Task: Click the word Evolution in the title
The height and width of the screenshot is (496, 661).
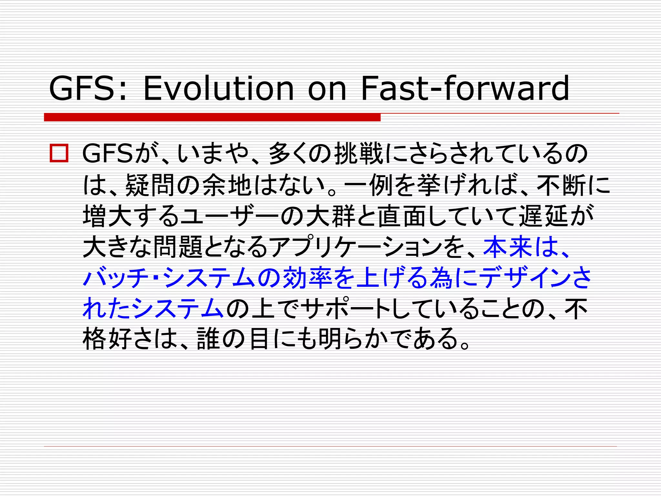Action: click(218, 88)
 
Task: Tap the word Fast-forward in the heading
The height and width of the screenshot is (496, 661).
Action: click(465, 88)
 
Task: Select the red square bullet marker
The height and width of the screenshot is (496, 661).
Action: click(59, 153)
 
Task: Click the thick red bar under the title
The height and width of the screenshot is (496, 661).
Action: click(212, 117)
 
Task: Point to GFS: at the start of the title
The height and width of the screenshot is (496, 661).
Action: click(87, 88)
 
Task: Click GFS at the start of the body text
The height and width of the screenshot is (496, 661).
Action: click(107, 153)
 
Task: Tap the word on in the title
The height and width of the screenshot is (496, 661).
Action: click(327, 88)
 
